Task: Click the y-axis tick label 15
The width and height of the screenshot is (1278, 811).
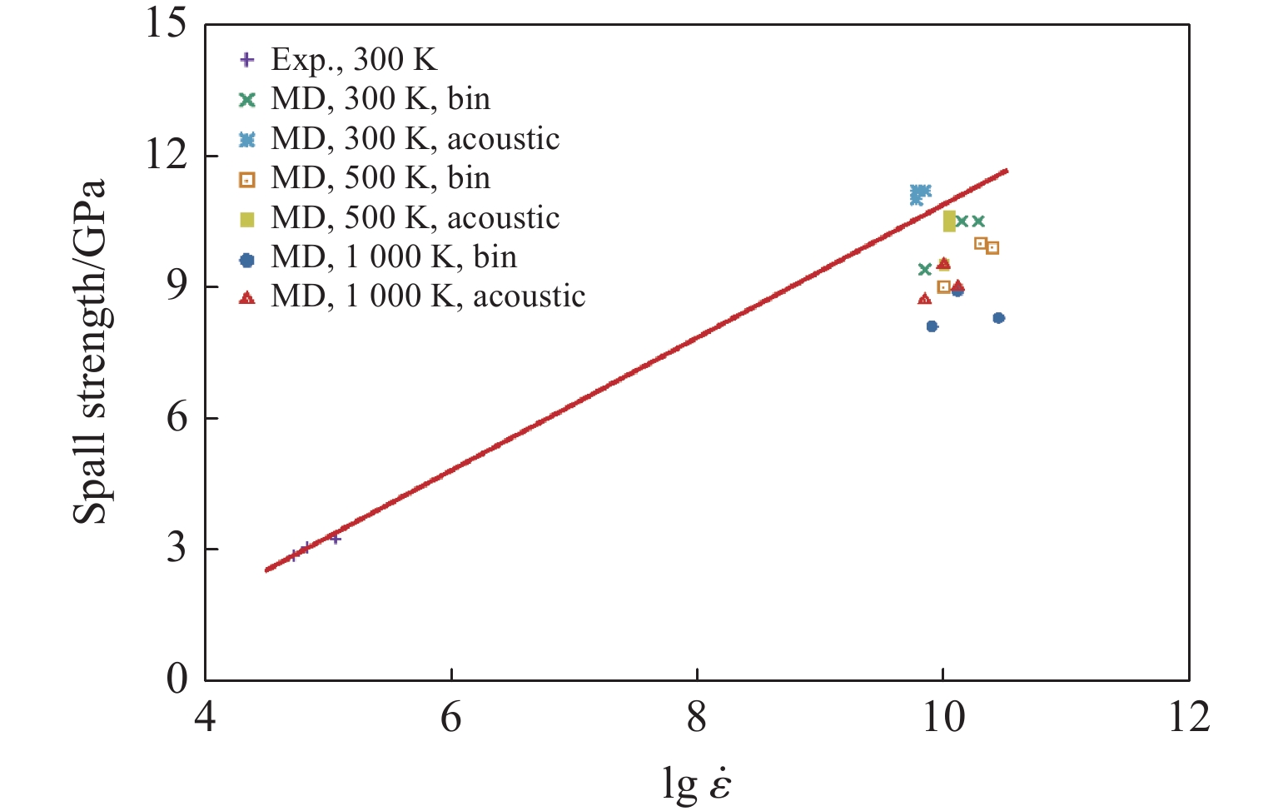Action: click(x=166, y=23)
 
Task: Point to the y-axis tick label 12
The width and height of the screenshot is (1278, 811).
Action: click(x=166, y=155)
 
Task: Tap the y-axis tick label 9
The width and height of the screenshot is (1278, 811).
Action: click(x=177, y=286)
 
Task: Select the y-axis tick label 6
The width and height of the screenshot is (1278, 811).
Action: click(x=177, y=417)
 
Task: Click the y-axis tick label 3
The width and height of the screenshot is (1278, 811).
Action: click(x=177, y=549)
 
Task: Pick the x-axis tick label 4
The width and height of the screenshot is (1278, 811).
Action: click(x=205, y=717)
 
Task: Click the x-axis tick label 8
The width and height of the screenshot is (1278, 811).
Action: click(x=697, y=717)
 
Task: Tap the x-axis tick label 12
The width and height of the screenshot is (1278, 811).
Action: click(x=1188, y=717)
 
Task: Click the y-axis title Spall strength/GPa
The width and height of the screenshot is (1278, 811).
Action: click(x=90, y=351)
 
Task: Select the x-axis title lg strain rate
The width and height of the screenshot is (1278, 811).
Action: click(x=697, y=783)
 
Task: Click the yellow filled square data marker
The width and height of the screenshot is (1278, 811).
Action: click(x=949, y=221)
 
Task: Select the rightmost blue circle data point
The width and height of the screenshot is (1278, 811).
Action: click(x=998, y=318)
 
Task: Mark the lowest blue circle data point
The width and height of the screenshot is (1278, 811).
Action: click(x=932, y=326)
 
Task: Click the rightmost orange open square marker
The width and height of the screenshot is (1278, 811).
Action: click(x=992, y=247)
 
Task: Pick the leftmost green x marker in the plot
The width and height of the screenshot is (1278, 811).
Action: click(x=924, y=269)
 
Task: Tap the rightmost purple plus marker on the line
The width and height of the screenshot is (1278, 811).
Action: click(x=336, y=539)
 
